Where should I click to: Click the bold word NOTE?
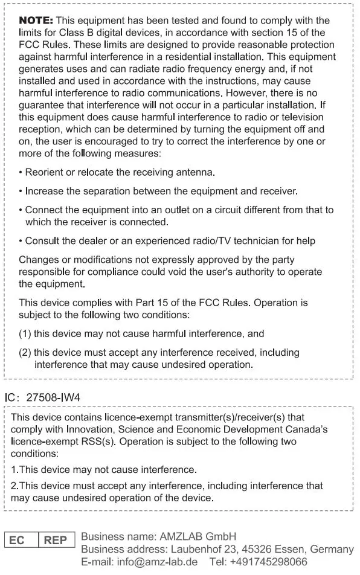tap(36, 21)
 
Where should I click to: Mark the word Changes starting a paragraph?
tap(38, 260)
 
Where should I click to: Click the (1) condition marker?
tap(25, 333)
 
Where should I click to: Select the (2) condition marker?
tap(25, 352)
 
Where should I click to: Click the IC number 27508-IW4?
tap(53, 398)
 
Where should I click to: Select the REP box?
tap(56, 540)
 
